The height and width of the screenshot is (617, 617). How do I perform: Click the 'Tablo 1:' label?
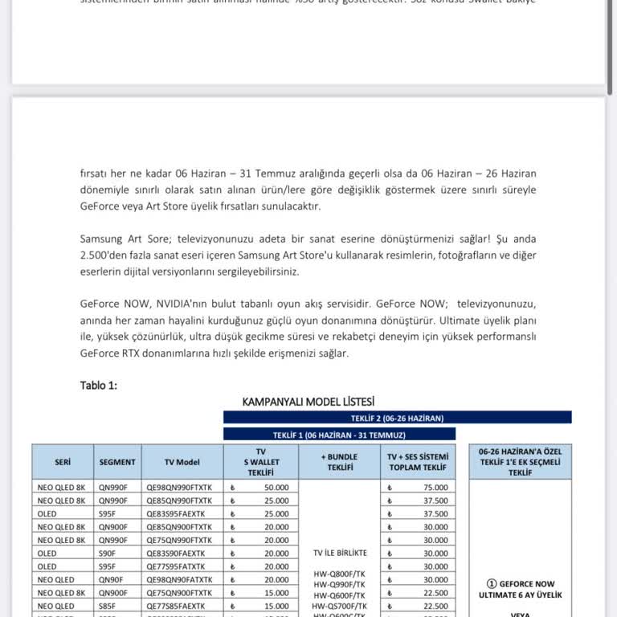[x=99, y=385]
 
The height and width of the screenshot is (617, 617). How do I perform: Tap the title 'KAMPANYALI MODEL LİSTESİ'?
[x=308, y=401]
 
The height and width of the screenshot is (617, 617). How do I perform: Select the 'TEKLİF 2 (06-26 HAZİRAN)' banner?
[x=397, y=418]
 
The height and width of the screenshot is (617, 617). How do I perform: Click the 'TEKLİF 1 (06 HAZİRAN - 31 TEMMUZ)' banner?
[x=339, y=434]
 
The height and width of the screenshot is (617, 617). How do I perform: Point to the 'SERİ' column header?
[x=63, y=462]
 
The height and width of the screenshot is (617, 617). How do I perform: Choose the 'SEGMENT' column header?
[x=117, y=462]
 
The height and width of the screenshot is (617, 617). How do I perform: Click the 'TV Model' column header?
[x=182, y=462]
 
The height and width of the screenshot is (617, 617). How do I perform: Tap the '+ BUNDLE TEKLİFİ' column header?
[x=339, y=462]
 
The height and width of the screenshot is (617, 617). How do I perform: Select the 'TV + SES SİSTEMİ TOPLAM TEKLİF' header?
[x=419, y=462]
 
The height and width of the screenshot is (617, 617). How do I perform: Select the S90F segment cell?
[x=109, y=553]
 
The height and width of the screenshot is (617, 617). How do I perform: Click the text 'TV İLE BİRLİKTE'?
[x=340, y=553]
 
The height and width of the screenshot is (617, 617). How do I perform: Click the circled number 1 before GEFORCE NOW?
[x=492, y=584]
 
